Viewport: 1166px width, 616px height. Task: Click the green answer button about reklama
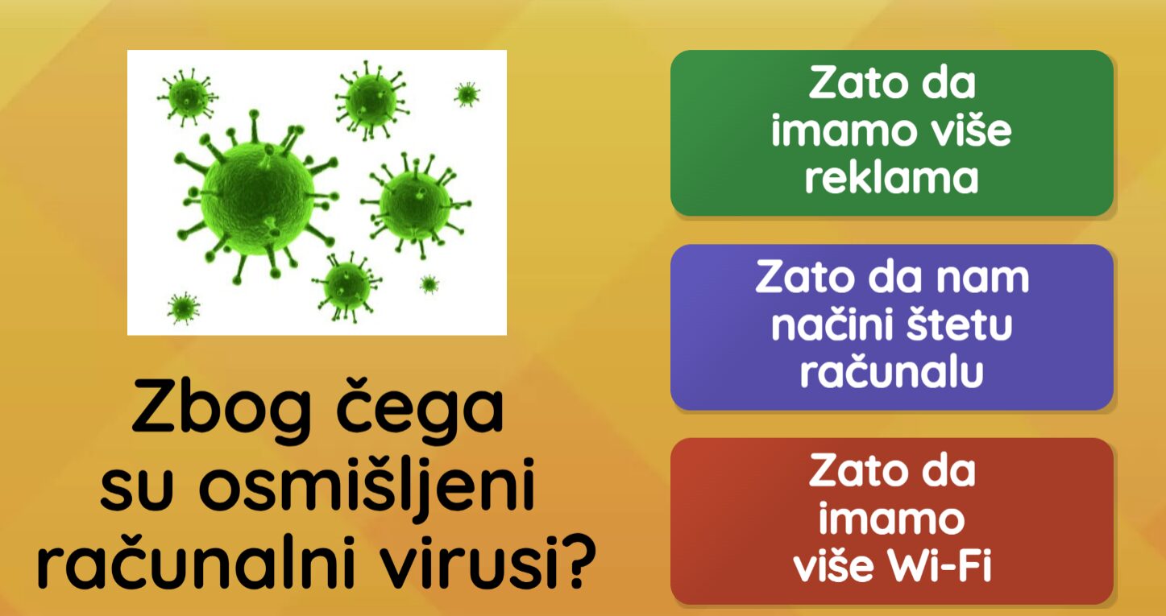892,133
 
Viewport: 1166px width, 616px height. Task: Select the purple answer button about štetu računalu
892,327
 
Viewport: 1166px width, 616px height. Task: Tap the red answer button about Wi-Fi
892,521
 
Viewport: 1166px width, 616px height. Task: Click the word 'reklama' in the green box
892,179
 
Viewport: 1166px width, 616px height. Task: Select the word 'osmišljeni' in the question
367,485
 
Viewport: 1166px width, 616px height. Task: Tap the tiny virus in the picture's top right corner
467,94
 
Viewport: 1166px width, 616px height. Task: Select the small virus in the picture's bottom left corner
183,308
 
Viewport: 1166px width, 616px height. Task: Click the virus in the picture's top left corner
188,97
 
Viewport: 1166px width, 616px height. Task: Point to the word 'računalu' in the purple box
892,371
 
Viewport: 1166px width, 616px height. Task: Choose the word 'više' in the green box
965,130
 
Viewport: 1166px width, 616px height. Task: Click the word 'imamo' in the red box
892,519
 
